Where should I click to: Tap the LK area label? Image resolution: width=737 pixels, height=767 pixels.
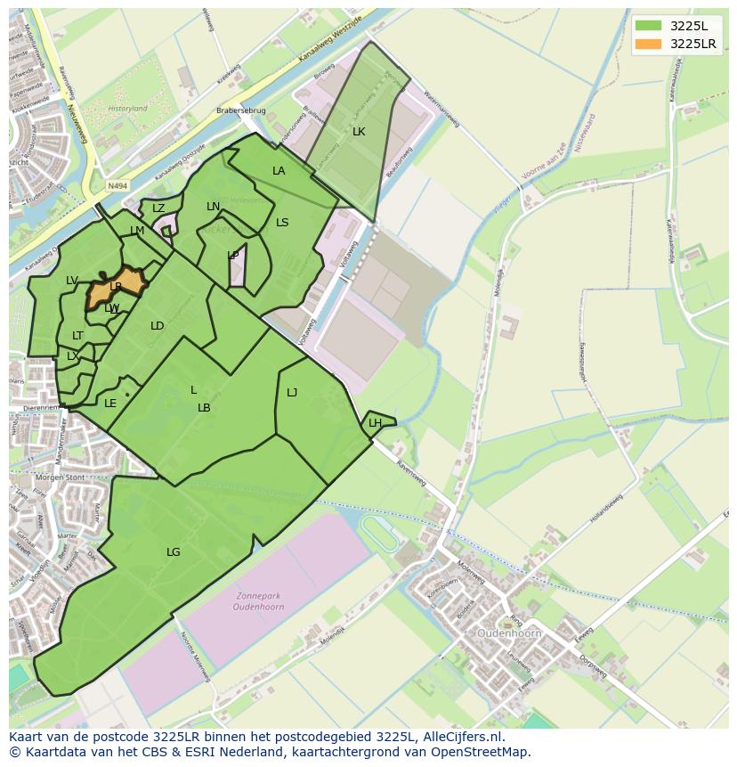coord(359,132)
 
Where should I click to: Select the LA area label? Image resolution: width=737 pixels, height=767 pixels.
coord(279,171)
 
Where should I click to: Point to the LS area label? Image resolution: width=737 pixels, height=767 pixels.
coord(282,223)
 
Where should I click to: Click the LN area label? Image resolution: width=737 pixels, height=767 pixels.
coord(213,207)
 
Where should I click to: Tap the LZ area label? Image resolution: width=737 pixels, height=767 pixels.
coord(158,208)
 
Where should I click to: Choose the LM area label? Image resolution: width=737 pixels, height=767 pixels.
coord(137,231)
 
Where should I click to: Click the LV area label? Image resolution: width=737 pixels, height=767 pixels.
coord(72,281)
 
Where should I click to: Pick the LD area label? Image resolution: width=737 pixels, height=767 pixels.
coord(157,326)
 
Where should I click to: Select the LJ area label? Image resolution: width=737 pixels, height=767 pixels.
coord(292,392)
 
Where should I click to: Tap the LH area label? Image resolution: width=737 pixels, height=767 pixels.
coord(375,423)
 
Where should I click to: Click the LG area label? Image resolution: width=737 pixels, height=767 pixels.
coord(173,552)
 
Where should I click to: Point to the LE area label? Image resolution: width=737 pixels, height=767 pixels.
coord(110,404)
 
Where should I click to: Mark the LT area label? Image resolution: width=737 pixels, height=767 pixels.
coord(77,336)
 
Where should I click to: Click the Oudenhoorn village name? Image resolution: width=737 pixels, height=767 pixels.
coord(510,633)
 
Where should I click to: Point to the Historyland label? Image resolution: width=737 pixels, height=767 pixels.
coord(127,109)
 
